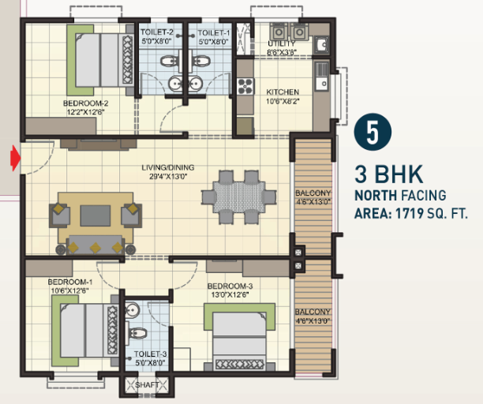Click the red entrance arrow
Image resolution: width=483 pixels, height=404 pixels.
[16, 159]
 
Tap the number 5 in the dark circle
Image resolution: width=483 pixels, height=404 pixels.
[373, 133]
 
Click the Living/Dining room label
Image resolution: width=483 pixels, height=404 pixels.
[168, 167]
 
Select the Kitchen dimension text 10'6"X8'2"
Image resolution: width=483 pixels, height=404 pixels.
[283, 101]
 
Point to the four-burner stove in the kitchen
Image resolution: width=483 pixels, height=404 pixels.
[245, 86]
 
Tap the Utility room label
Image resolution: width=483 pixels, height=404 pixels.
[282, 43]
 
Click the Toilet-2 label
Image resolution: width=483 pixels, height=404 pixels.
[157, 32]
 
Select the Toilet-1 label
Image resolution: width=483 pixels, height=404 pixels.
[214, 32]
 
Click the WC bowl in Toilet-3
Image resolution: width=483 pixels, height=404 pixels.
[137, 333]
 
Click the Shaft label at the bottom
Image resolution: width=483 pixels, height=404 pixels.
[147, 385]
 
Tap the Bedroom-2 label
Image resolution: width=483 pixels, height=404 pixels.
[86, 103]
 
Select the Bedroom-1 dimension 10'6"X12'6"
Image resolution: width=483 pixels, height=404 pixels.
[70, 290]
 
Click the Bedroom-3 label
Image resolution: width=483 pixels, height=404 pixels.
[230, 286]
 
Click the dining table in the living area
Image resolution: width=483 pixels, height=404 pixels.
[239, 197]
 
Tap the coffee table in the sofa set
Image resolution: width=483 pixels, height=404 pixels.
[95, 215]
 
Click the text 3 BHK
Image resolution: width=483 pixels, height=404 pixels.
[389, 174]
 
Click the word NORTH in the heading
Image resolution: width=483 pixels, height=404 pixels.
[376, 196]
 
